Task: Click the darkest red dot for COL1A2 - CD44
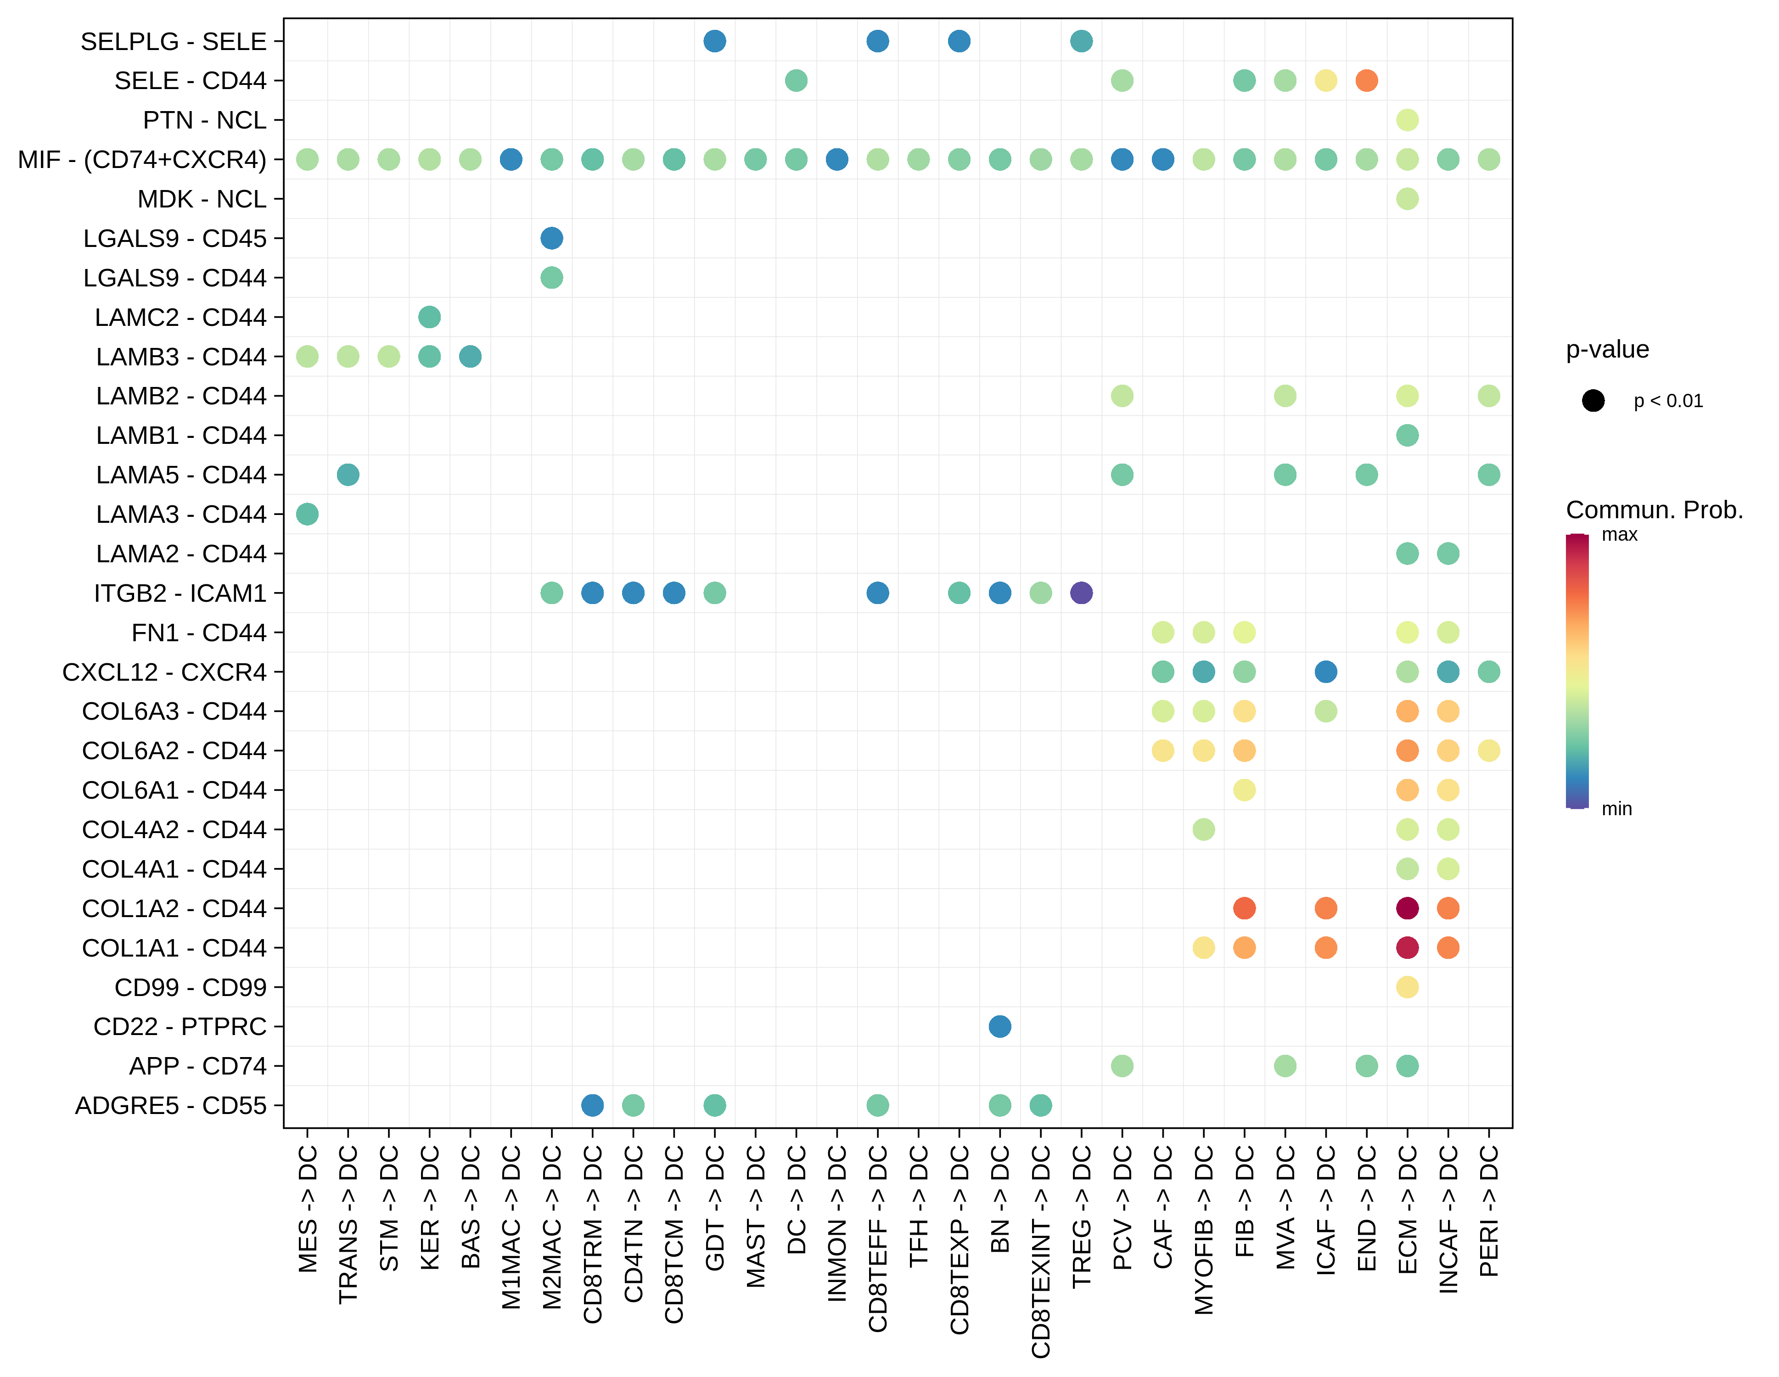1407,908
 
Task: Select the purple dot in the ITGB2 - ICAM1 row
1081,593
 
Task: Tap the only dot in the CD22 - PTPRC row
999,1026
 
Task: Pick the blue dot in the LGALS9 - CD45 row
551,238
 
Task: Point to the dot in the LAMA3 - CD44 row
307,514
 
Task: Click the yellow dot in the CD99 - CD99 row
1407,987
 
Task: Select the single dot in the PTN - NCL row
1407,120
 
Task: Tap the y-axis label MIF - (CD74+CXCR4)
142,160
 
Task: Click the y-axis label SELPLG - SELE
174,41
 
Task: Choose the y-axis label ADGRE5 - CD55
171,1105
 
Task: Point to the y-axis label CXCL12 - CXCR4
164,672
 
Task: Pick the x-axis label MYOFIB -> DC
1204,1230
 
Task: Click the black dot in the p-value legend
1593,401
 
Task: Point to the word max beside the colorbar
1619,535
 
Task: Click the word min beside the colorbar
1617,809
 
